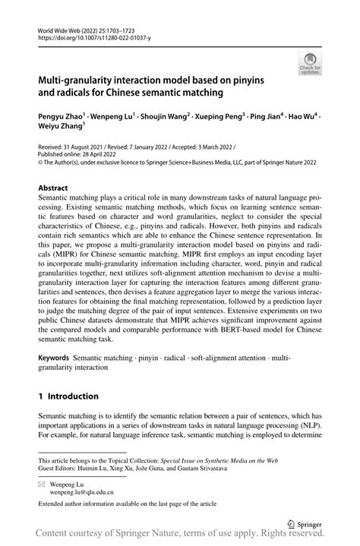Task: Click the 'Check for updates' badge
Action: pyautogui.click(x=309, y=65)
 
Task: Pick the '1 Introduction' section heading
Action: pyautogui.click(x=68, y=396)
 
